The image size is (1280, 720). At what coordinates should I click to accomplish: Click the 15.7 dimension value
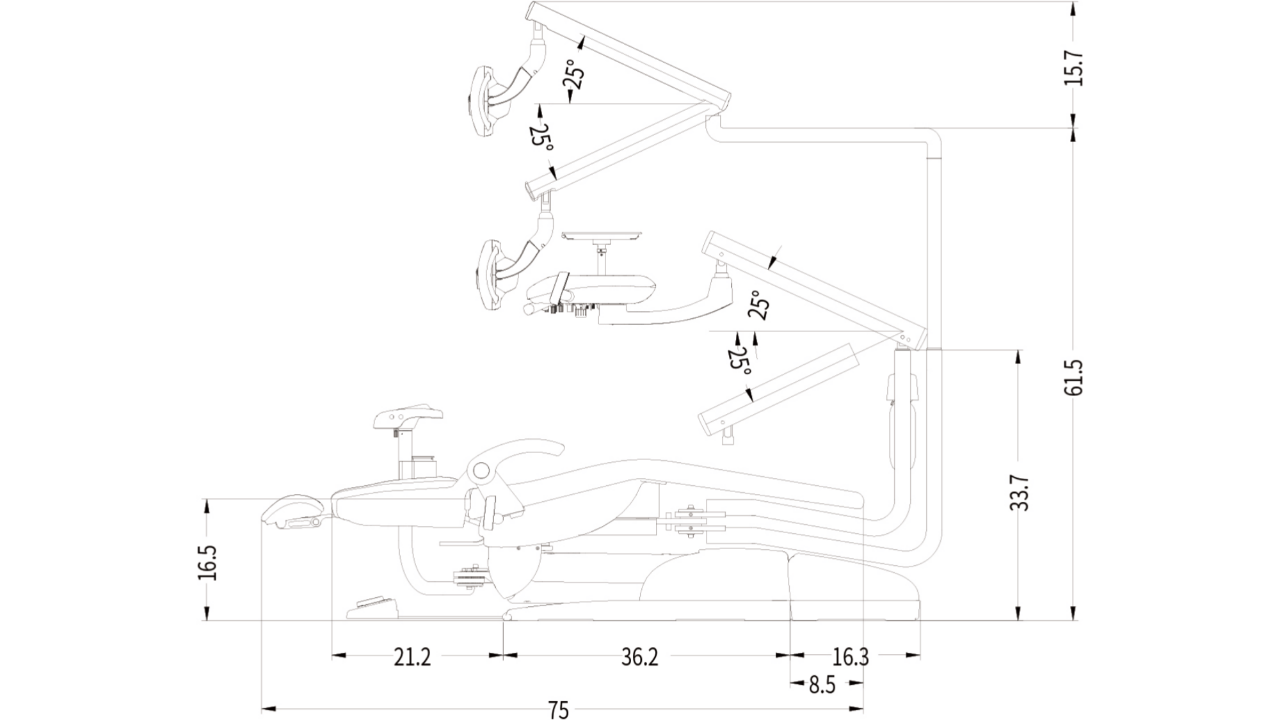point(1073,68)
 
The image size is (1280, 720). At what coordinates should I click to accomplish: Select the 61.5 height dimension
point(1073,377)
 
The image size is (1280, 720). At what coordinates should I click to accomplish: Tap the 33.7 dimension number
point(1019,492)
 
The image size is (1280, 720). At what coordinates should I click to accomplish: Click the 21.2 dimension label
point(412,657)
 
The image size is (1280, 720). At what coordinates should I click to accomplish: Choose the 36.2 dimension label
point(639,657)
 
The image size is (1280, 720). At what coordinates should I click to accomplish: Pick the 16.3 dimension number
point(851,657)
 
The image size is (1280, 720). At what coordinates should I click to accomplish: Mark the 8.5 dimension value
point(822,685)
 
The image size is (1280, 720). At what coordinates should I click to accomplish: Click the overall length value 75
point(559,710)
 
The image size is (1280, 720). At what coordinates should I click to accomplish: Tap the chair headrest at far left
point(293,511)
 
